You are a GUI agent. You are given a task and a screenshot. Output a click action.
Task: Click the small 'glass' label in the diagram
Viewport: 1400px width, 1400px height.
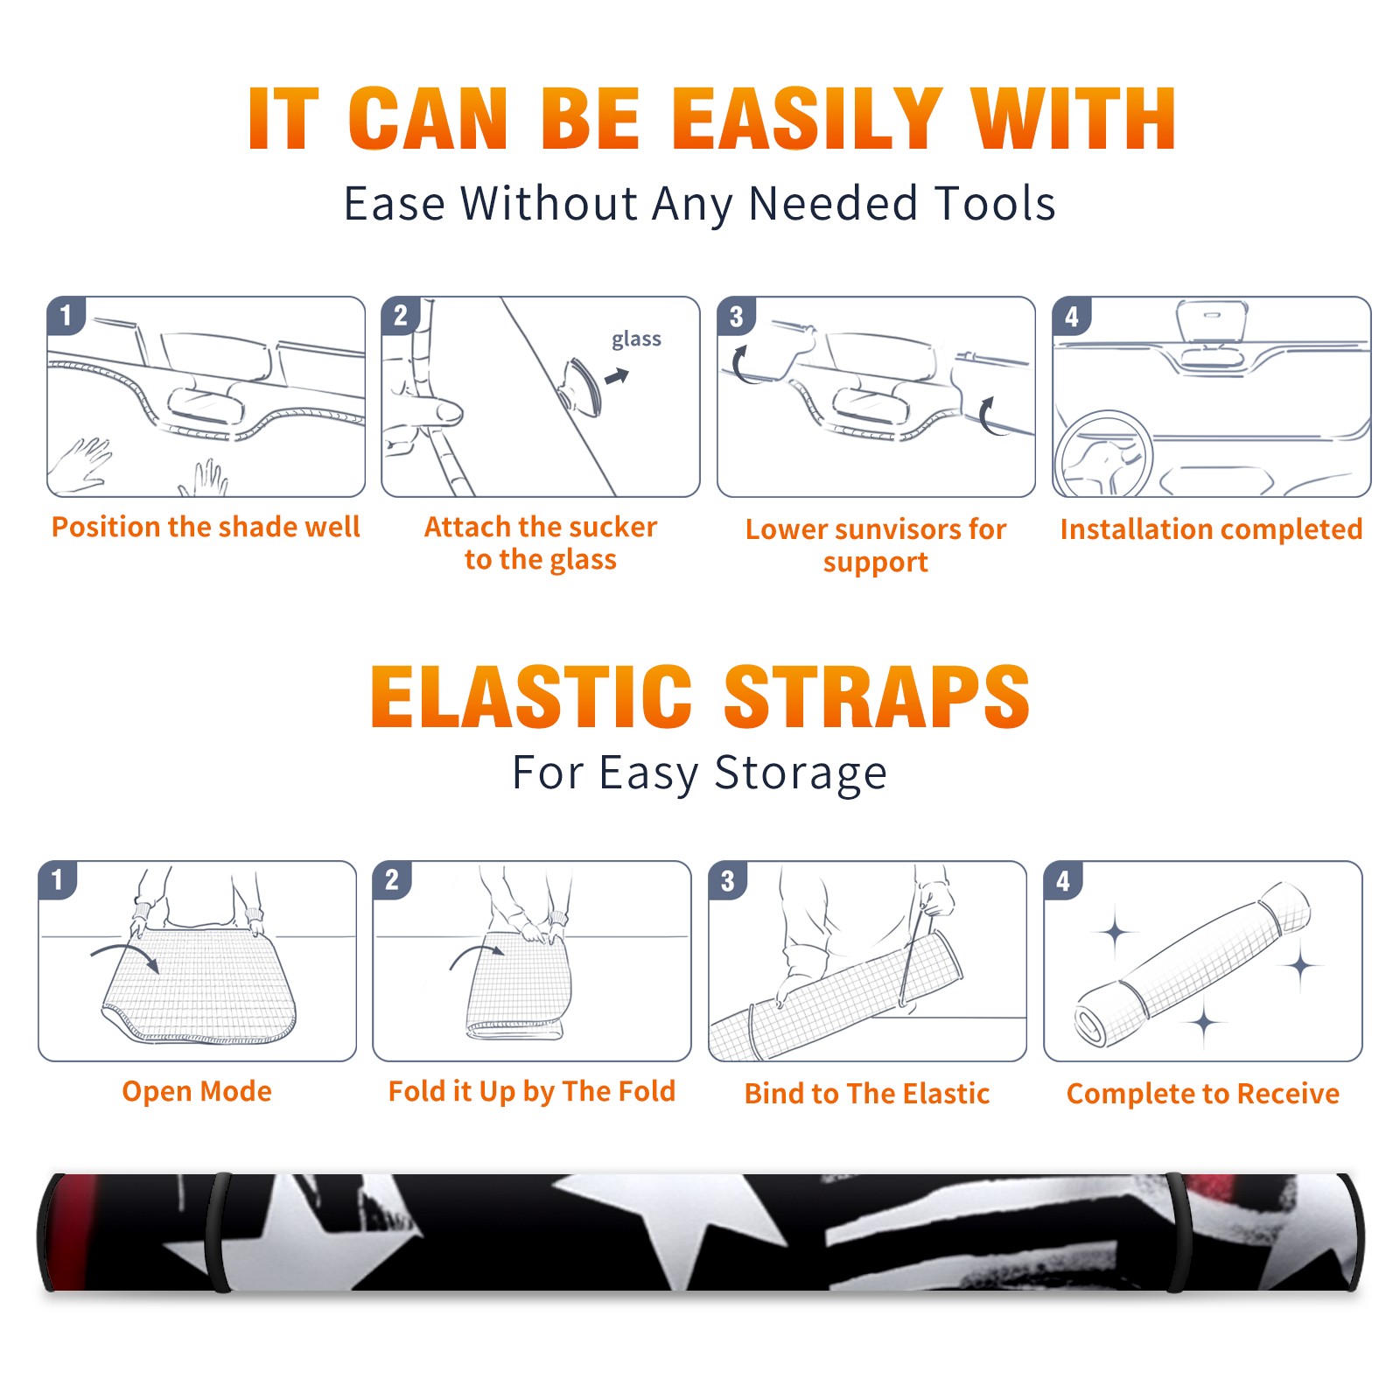pos(636,339)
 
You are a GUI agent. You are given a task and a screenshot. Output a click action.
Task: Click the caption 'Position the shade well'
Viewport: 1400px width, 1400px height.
pos(206,527)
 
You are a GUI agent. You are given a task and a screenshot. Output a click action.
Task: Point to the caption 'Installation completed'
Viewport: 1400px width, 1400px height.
pos(1211,529)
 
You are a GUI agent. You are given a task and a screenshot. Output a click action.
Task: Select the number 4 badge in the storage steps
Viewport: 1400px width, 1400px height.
pos(1063,880)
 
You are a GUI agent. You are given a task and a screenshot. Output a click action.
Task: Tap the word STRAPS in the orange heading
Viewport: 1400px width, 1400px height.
pos(877,696)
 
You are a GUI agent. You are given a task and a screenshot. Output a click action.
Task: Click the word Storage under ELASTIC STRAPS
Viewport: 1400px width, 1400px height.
pos(801,773)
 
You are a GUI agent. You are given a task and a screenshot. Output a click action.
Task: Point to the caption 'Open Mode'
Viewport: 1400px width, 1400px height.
pos(197,1091)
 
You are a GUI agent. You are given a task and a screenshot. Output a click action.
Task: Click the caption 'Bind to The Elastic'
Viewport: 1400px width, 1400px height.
pos(867,1093)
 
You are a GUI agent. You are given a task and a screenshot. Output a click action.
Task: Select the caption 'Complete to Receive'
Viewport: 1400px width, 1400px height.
pos(1203,1094)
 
